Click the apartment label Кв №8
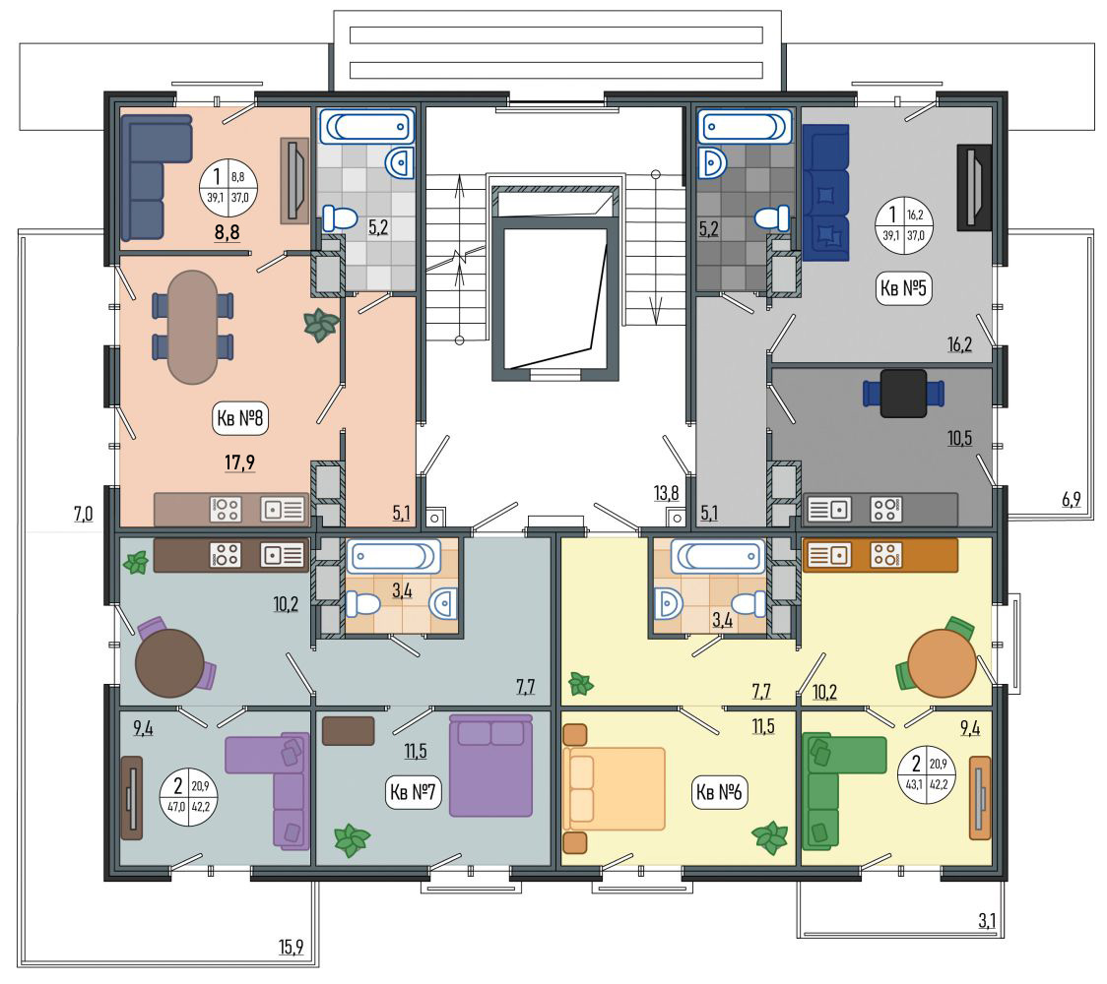[240, 418]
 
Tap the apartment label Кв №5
[903, 288]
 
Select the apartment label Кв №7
[413, 792]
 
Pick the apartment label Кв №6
[719, 792]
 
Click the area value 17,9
[240, 462]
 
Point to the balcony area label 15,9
[291, 947]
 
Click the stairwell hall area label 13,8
[667, 493]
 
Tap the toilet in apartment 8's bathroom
[341, 218]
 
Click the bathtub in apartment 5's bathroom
[745, 127]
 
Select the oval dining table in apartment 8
[192, 328]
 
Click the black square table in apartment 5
[904, 393]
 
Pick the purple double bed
[490, 766]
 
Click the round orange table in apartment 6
[942, 663]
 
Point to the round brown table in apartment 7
[169, 663]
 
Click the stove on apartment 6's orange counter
[884, 555]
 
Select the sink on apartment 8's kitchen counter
[283, 510]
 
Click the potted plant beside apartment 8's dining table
[321, 325]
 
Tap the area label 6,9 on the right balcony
[1071, 500]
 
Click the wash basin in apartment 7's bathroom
[443, 604]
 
